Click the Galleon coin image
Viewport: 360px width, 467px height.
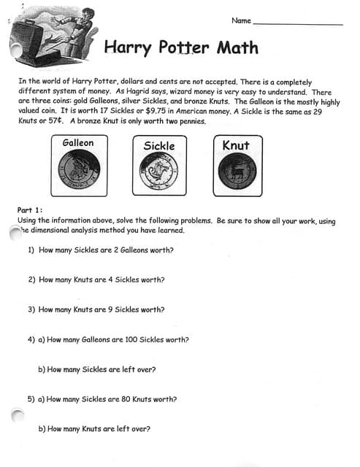[78, 171]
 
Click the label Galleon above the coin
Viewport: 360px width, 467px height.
[78, 143]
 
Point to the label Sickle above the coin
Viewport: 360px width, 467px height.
[158, 146]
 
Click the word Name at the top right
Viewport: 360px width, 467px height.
[241, 20]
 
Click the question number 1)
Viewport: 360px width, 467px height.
[32, 250]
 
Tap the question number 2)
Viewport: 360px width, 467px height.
[32, 279]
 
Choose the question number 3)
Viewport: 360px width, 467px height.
[32, 309]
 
